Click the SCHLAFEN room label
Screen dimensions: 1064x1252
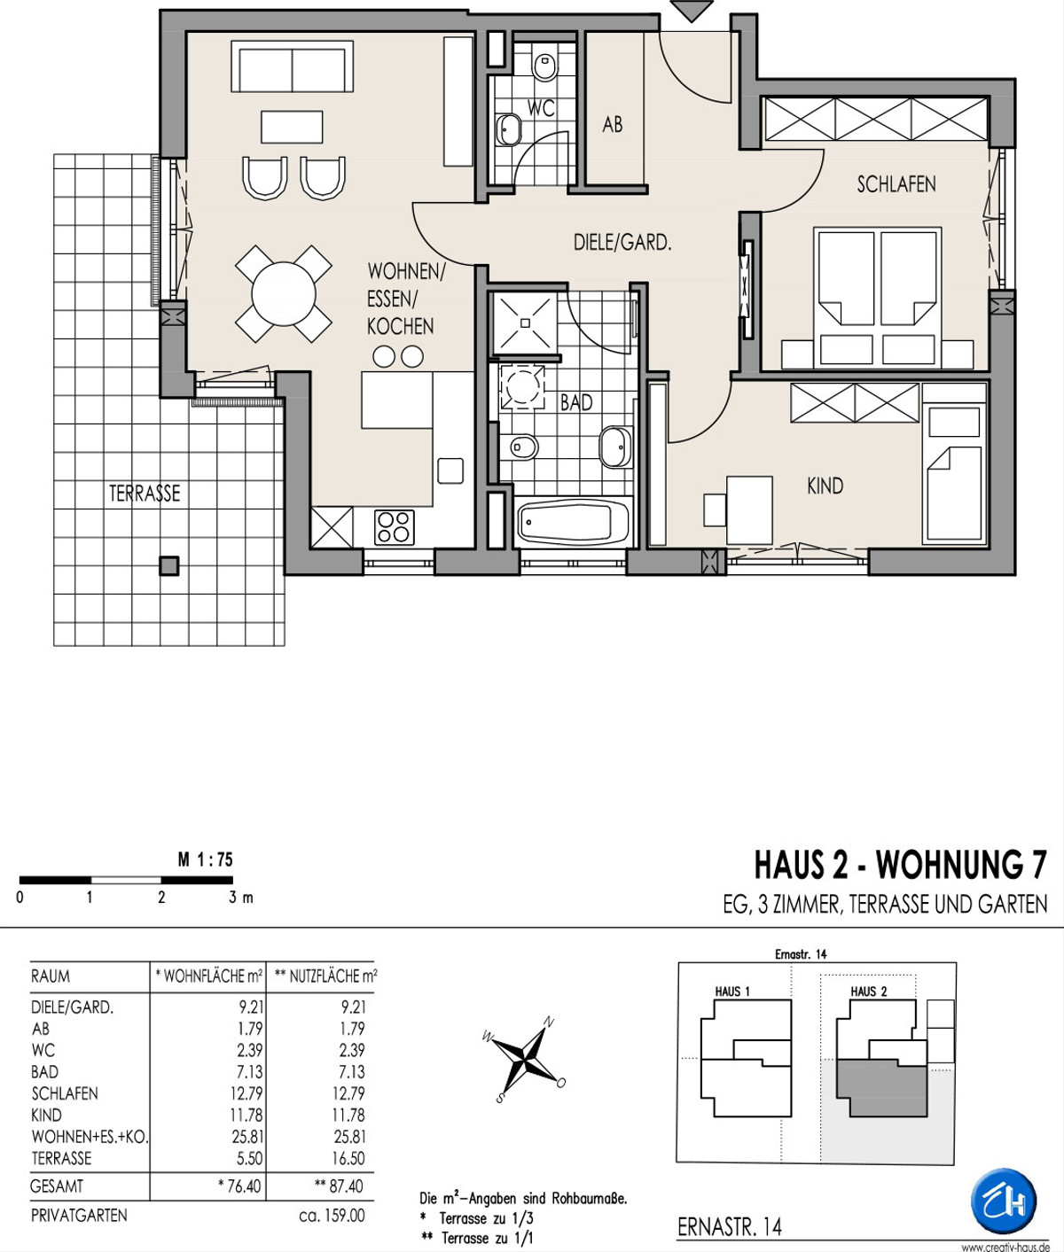896,184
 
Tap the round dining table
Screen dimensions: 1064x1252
284,294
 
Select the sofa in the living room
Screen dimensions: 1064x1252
293,66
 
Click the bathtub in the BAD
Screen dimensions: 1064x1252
573,523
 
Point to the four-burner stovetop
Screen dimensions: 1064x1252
394,527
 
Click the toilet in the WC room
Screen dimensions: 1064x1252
545,66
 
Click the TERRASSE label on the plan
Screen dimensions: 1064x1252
145,494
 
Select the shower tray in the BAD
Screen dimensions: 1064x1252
523,323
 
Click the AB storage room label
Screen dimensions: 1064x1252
613,125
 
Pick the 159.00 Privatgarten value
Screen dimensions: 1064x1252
332,1215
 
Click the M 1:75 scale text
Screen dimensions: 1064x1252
205,859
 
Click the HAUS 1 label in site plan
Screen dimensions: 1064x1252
732,991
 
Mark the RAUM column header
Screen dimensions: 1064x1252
51,976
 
